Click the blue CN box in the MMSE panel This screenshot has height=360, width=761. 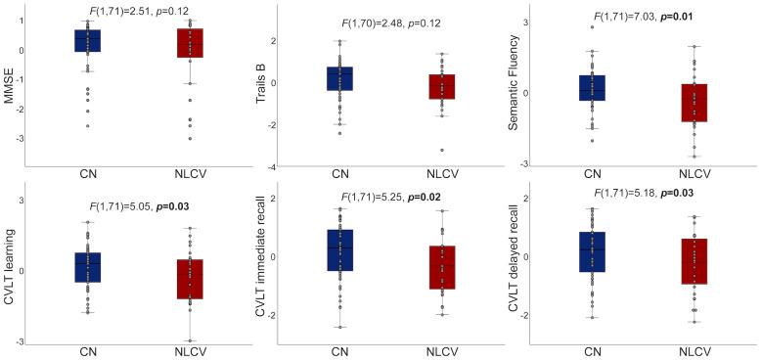point(87,40)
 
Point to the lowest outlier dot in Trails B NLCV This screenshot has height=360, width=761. point(442,150)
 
